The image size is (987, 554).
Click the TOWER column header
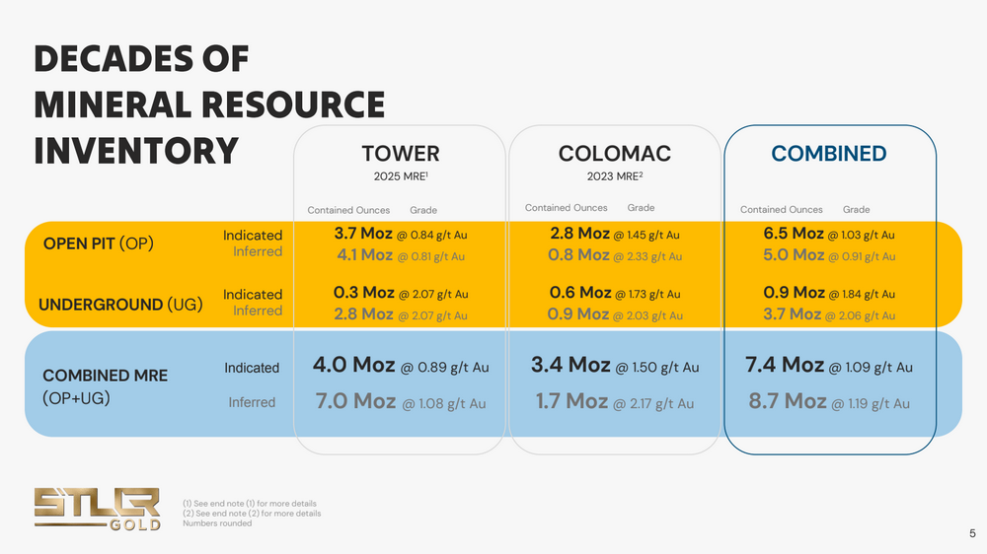400,154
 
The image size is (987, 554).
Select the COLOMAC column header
614,154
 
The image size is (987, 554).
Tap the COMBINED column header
829,154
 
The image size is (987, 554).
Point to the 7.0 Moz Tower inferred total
354,401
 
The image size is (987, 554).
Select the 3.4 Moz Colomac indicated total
570,366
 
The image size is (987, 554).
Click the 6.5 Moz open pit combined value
794,234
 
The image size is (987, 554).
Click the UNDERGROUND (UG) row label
120,305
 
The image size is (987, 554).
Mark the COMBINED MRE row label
106,376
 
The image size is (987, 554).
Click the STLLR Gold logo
97,507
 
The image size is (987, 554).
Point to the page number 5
972,533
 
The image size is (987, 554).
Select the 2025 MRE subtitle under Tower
400,179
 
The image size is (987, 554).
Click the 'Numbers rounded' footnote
217,523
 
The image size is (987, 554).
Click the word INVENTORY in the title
136,151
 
